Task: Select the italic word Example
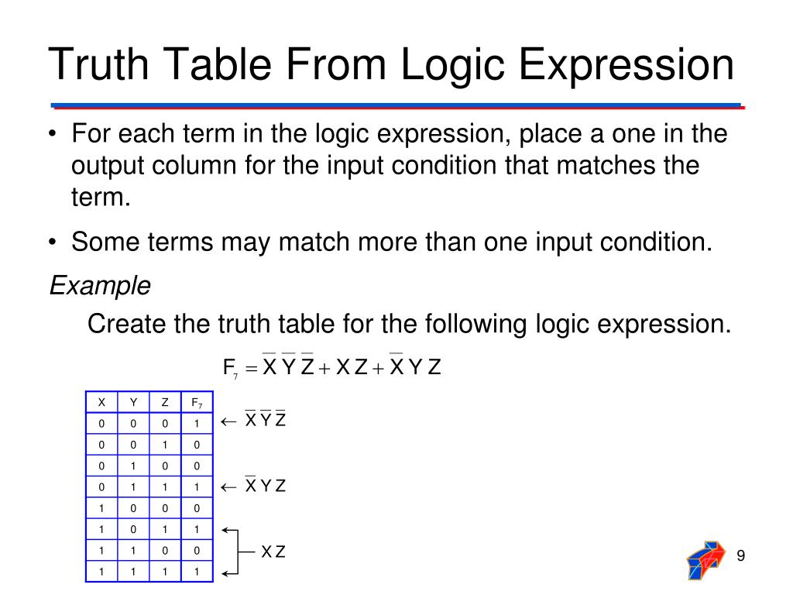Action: (x=100, y=286)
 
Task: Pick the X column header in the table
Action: (x=101, y=403)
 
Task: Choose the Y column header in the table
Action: (x=133, y=403)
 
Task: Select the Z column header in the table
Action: (x=165, y=403)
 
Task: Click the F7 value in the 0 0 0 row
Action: (x=197, y=424)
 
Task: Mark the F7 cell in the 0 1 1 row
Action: (x=197, y=487)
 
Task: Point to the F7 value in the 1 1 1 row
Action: (x=197, y=572)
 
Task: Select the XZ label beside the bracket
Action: (x=273, y=552)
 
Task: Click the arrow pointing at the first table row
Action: (x=228, y=422)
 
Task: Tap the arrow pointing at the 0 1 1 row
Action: (x=228, y=487)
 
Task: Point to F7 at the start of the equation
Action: (x=230, y=368)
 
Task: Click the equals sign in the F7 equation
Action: (x=250, y=369)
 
